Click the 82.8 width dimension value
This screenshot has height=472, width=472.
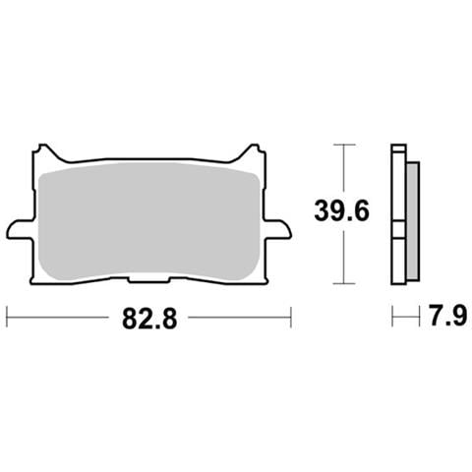149,319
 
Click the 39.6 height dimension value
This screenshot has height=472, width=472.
342,210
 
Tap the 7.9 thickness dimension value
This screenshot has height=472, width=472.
447,316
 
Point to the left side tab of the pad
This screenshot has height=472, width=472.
21,229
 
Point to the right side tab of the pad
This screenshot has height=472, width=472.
278,229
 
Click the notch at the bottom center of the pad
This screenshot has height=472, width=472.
149,279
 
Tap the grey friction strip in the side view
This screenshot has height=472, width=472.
413,221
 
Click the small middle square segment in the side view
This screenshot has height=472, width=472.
399,229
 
